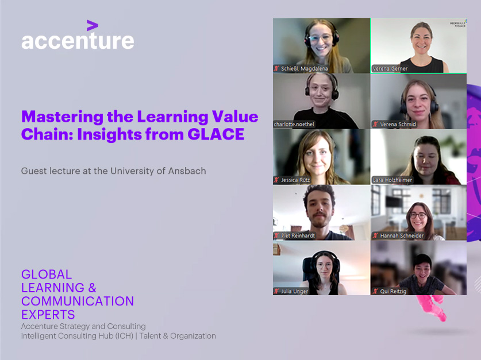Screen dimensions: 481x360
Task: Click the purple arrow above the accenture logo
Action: pyautogui.click(x=93, y=25)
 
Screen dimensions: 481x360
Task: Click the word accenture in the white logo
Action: pyautogui.click(x=78, y=41)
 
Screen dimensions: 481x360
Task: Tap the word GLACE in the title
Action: pyautogui.click(x=216, y=134)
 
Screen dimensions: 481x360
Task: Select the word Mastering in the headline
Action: pyautogui.click(x=62, y=117)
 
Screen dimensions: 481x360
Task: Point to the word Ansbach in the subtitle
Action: pyautogui.click(x=187, y=171)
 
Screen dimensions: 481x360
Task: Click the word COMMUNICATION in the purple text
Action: pyautogui.click(x=78, y=301)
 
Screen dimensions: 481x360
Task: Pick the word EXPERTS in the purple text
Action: pyautogui.click(x=48, y=315)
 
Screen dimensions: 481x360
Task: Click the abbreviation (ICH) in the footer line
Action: pyautogui.click(x=124, y=336)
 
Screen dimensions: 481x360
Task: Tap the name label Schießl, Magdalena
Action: pyautogui.click(x=301, y=69)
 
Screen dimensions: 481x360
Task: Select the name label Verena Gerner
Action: pyautogui.click(x=390, y=69)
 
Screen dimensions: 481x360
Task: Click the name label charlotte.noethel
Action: pyautogui.click(x=294, y=124)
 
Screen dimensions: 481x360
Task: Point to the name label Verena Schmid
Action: pyautogui.click(x=394, y=124)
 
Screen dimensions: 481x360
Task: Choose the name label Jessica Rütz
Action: pyautogui.click(x=292, y=180)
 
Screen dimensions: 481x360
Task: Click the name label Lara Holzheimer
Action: pyautogui.click(x=392, y=180)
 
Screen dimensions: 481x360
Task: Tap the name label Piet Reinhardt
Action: pyautogui.click(x=294, y=235)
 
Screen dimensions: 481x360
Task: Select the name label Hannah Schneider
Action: pyautogui.click(x=398, y=235)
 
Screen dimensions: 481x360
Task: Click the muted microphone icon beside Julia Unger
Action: pyautogui.click(x=277, y=291)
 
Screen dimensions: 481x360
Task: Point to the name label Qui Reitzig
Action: pyautogui.click(x=390, y=291)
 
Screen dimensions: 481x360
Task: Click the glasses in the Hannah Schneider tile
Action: pyautogui.click(x=418, y=215)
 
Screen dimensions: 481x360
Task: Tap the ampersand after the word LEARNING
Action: pyautogui.click(x=93, y=288)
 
